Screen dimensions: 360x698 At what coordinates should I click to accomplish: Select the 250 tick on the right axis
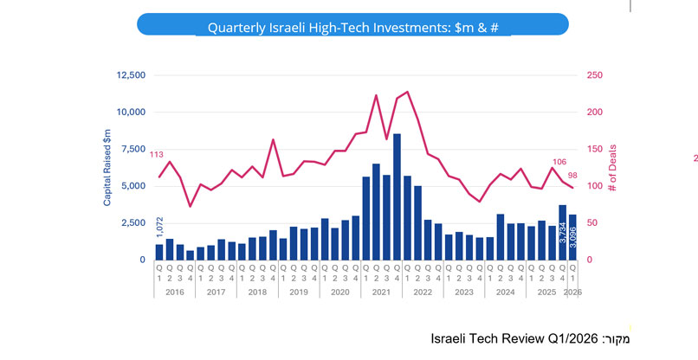coord(595,75)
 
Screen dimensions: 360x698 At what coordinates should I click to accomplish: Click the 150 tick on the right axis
coord(595,149)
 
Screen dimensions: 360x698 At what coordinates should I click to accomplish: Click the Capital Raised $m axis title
coord(107,166)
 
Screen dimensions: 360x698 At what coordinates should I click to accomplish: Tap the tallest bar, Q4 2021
coord(397,196)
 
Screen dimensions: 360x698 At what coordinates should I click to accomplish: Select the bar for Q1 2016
coord(159,252)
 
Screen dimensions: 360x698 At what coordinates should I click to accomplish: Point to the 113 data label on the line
coord(157,155)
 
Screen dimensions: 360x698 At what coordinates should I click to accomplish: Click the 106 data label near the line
coord(559,162)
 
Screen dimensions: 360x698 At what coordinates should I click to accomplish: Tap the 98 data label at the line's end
coord(572,176)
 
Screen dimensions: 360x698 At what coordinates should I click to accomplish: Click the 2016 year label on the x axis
coord(175,292)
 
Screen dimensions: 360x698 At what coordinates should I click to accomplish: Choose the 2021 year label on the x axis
coord(381,292)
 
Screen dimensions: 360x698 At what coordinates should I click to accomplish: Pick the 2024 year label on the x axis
coord(505,292)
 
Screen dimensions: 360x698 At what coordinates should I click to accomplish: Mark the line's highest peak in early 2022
coord(407,92)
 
